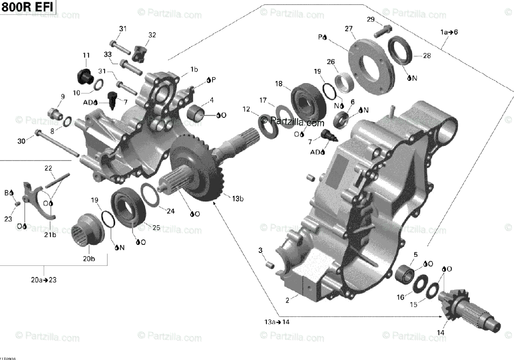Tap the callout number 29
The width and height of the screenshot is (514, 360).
pyautogui.click(x=371, y=19)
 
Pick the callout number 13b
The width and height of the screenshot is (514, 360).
pyautogui.click(x=238, y=199)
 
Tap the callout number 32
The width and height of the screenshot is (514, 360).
pyautogui.click(x=152, y=35)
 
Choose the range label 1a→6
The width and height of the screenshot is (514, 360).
pyautogui.click(x=449, y=32)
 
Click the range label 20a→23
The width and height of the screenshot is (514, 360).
pyautogui.click(x=44, y=280)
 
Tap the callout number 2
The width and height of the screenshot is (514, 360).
pyautogui.click(x=287, y=300)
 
